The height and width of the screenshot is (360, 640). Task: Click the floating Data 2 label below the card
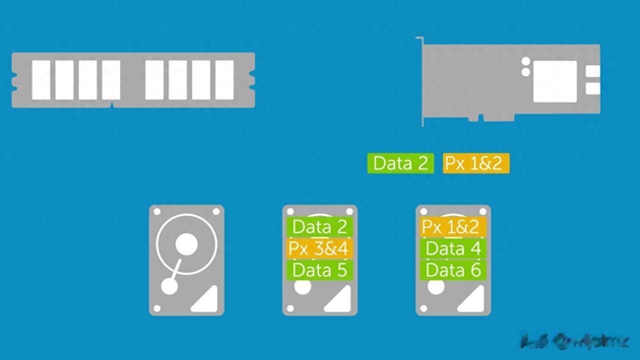pyautogui.click(x=400, y=163)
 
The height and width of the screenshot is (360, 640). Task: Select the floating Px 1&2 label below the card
pyautogui.click(x=475, y=163)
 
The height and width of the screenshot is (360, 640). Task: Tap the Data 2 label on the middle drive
pyautogui.click(x=319, y=227)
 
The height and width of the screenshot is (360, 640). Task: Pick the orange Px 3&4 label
pyautogui.click(x=319, y=248)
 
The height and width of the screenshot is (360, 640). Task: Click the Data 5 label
pyautogui.click(x=319, y=270)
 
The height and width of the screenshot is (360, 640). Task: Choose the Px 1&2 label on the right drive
pyautogui.click(x=450, y=227)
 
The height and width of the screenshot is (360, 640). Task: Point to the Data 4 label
pyautogui.click(x=453, y=248)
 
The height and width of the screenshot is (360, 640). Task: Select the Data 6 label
pyautogui.click(x=453, y=270)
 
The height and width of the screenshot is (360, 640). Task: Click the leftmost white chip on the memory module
pyautogui.click(x=41, y=80)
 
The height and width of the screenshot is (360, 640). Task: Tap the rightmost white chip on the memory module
pyautogui.click(x=224, y=80)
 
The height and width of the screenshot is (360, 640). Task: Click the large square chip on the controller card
pyautogui.click(x=554, y=81)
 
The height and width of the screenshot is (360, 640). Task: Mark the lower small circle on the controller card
pyautogui.click(x=525, y=72)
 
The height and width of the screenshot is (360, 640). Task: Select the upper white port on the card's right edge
pyautogui.click(x=592, y=71)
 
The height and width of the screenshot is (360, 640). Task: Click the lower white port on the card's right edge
pyautogui.click(x=592, y=88)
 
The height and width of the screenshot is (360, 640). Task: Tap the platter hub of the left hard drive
pyautogui.click(x=186, y=244)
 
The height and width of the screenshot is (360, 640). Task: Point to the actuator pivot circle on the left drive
pyautogui.click(x=169, y=286)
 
